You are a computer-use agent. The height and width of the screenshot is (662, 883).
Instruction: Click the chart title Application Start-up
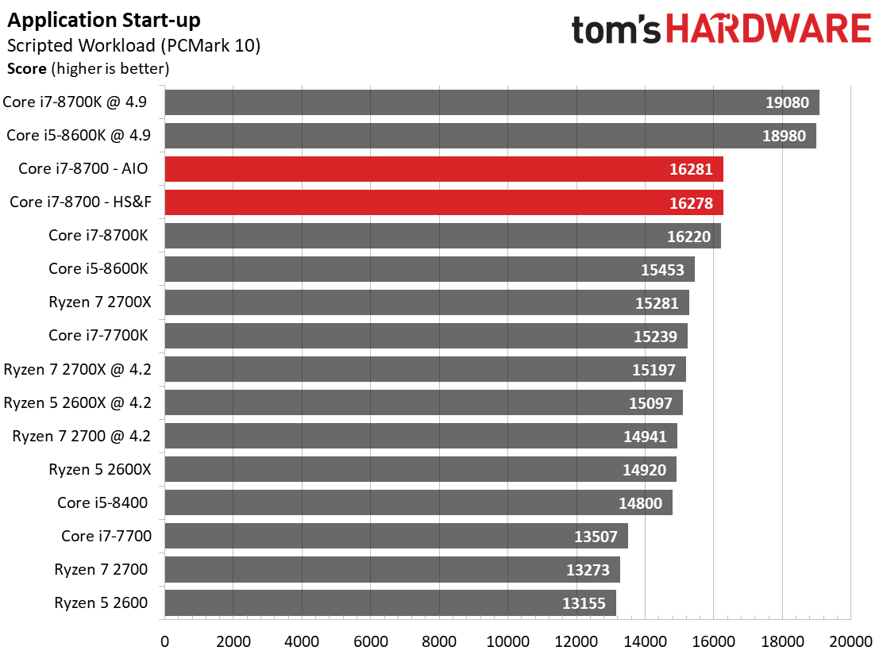103,21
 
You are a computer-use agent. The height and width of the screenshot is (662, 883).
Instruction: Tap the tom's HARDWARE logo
721,29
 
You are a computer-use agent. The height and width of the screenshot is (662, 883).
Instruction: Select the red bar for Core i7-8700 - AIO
444,169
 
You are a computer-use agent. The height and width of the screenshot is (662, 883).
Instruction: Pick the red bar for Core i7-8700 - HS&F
444,202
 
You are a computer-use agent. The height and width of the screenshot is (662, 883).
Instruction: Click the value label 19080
787,102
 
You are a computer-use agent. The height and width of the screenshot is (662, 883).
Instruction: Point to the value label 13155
584,603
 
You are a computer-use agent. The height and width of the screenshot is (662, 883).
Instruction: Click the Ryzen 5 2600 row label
101,603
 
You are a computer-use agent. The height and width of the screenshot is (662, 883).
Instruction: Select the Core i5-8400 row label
102,502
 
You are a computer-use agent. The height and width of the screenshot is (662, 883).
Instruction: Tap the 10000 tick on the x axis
507,641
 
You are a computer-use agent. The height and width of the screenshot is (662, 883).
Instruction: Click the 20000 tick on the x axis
850,641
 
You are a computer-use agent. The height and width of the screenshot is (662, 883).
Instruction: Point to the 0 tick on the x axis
164,641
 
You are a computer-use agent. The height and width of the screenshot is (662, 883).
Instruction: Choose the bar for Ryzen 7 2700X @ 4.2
425,369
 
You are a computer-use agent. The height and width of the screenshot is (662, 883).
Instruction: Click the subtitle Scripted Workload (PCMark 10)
133,45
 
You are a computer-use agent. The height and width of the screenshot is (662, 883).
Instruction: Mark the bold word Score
26,69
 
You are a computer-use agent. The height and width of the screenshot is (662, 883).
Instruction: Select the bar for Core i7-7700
396,536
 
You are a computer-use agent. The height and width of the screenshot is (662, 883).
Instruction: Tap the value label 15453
662,270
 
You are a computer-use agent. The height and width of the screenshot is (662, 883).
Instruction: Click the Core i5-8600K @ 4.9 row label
79,135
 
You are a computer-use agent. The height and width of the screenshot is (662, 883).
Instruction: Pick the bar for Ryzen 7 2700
392,570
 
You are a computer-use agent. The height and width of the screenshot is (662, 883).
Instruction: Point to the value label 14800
640,503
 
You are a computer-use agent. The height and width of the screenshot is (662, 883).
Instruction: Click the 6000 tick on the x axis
371,641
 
